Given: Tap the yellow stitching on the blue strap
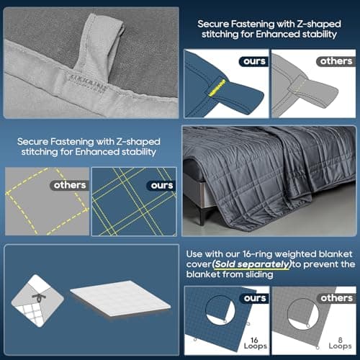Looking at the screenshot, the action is (x=217, y=88).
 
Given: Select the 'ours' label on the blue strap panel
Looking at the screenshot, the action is (x=254, y=61).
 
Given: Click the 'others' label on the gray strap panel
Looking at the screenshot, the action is (x=336, y=61).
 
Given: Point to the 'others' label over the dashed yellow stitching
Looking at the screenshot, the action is (x=70, y=185).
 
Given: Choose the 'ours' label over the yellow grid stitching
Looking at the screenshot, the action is (x=162, y=185).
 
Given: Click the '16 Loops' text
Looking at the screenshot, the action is (x=256, y=343).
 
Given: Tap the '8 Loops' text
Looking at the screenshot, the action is (x=340, y=343).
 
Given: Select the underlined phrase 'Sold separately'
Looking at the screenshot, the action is (x=252, y=264).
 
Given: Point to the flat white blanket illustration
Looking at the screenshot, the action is (x=120, y=298).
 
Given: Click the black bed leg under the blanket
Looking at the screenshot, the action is (x=202, y=215).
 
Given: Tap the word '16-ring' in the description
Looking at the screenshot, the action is (x=258, y=254).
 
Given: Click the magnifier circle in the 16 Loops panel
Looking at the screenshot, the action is (x=220, y=310).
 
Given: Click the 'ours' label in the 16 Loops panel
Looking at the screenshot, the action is (x=255, y=298).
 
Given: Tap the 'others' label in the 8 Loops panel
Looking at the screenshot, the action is (x=337, y=298).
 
